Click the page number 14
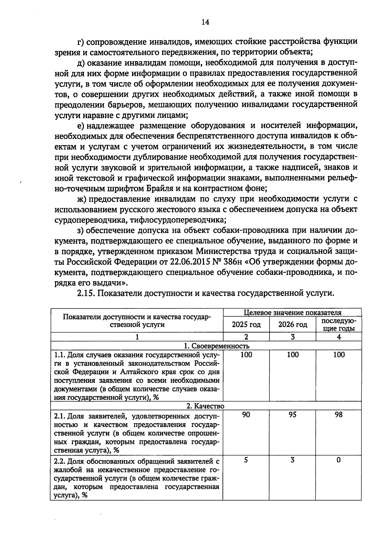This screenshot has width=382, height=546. [x=205, y=22]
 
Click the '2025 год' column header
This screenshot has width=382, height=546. [x=246, y=325]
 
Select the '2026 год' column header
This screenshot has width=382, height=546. [x=293, y=325]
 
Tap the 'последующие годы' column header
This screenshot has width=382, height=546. [x=339, y=325]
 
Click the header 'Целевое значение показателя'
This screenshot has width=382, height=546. [x=293, y=312]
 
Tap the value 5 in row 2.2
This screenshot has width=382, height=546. [x=246, y=460]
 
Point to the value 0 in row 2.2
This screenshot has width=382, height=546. [x=339, y=460]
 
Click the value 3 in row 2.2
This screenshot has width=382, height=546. [x=293, y=460]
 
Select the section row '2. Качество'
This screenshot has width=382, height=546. [x=205, y=406]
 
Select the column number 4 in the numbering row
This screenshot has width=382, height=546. [x=339, y=337]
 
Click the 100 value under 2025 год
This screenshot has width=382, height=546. [x=246, y=354]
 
